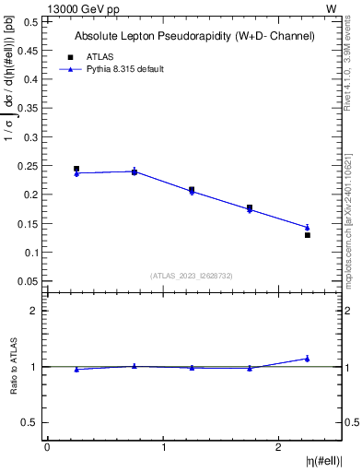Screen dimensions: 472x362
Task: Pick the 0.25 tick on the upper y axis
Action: click(29, 165)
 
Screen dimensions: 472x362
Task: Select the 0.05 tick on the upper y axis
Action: click(29, 280)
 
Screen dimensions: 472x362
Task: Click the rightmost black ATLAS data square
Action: click(308, 235)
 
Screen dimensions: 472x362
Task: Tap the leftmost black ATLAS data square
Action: click(76, 169)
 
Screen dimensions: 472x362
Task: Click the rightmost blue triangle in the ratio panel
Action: click(308, 358)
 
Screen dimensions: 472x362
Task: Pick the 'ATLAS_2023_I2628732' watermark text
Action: click(193, 275)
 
